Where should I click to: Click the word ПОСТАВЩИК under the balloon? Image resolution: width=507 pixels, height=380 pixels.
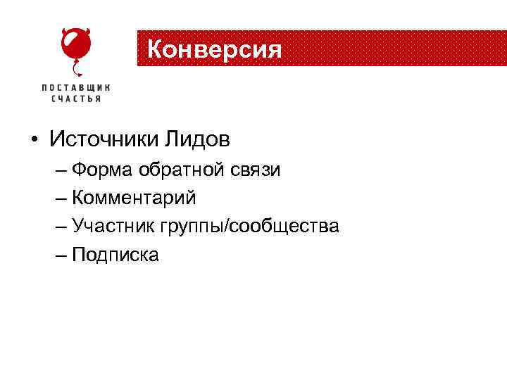(75, 87)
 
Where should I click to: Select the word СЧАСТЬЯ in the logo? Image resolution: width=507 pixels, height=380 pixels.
(75, 99)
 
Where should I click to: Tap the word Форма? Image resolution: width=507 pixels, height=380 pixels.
(103, 170)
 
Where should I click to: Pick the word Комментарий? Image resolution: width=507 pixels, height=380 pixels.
(134, 198)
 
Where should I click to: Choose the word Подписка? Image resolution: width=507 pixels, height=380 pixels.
(115, 255)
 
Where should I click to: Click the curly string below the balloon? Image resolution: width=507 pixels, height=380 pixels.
(77, 69)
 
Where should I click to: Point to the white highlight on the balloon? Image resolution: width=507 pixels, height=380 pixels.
(68, 41)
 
